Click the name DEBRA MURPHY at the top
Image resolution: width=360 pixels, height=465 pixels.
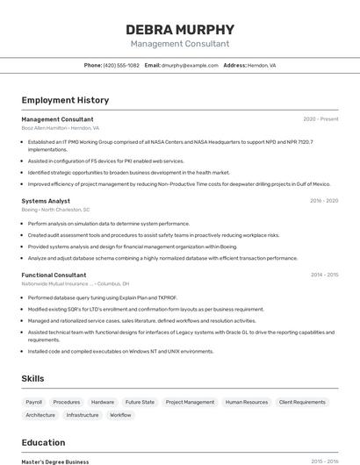[180, 29]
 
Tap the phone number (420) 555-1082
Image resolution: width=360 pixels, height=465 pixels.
[121, 65]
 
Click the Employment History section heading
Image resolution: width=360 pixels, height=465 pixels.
[65, 100]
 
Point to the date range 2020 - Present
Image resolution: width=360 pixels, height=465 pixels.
[320, 119]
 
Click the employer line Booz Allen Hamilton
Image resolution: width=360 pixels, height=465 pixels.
[61, 128]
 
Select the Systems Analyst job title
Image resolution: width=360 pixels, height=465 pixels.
[46, 201]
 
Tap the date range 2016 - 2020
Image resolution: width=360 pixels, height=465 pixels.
[324, 201]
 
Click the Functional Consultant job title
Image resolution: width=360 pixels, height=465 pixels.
[54, 275]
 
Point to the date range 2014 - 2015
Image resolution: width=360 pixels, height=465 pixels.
[324, 275]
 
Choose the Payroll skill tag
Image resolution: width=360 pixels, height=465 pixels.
[34, 402]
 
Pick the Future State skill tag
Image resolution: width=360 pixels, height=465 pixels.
[140, 402]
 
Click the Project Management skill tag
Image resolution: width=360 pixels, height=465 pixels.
[190, 402]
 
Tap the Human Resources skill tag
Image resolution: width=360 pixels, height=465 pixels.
[247, 402]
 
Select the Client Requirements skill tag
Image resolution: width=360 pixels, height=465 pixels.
[302, 402]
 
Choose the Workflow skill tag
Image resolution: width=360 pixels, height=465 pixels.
[120, 415]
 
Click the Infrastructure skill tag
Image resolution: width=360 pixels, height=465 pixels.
[83, 415]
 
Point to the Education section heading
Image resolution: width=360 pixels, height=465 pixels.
[43, 442]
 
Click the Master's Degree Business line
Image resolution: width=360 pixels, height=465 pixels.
[55, 461]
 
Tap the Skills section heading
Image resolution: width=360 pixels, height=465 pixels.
[33, 378]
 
